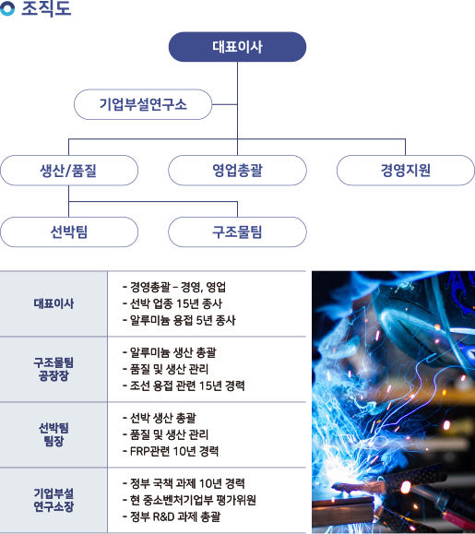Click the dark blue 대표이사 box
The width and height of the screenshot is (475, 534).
click(x=237, y=47)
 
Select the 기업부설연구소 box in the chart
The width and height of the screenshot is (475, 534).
click(x=143, y=104)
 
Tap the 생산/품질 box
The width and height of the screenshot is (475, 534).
click(x=69, y=171)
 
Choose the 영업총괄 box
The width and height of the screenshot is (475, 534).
click(x=237, y=171)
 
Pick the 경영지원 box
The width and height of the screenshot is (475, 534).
click(x=406, y=171)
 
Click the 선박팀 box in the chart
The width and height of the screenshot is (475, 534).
click(x=69, y=231)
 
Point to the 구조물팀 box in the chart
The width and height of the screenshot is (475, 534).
click(x=237, y=231)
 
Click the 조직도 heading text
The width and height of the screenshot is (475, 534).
click(x=46, y=9)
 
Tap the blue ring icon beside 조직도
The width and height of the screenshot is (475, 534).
click(x=7, y=8)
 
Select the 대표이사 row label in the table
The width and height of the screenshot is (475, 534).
click(x=53, y=303)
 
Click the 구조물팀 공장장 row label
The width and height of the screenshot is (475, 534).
click(x=53, y=369)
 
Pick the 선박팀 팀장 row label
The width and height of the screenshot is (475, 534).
click(x=53, y=434)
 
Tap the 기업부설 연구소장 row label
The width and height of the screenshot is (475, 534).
click(x=53, y=500)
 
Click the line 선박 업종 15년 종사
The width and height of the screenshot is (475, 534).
click(x=172, y=303)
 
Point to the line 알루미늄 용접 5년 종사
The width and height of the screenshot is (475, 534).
click(x=179, y=320)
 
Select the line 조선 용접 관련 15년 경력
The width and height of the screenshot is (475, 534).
click(x=184, y=386)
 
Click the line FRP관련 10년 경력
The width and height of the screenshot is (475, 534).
click(x=171, y=451)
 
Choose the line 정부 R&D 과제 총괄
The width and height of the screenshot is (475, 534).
click(x=172, y=516)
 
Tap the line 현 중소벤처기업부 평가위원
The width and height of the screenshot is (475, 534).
click(x=189, y=500)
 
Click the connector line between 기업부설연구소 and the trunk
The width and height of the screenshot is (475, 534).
click(x=225, y=104)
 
